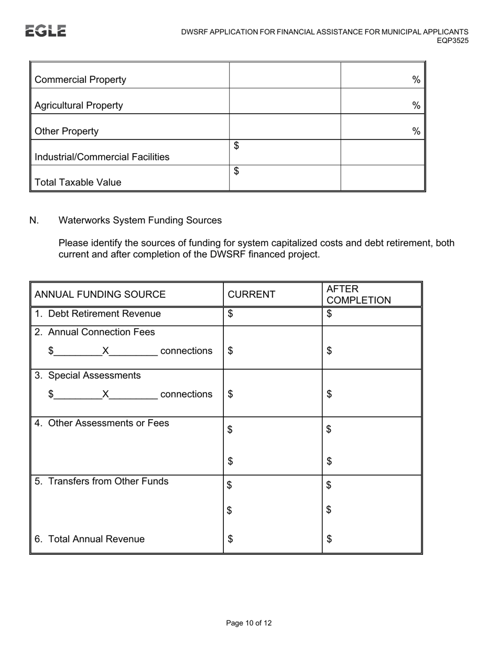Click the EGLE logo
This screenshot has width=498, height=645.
pos(46,31)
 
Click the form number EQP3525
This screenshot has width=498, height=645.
pos(453,41)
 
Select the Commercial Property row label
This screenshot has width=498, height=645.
pos(80,80)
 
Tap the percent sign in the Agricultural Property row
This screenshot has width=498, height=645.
pos(416,105)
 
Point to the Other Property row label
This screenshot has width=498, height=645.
pos(66,131)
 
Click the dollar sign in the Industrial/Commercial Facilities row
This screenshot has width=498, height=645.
pos(236,146)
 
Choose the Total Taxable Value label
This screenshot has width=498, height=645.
pos(78,182)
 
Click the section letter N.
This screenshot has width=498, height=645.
pos(34,220)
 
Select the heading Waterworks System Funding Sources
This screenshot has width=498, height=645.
pos(140,220)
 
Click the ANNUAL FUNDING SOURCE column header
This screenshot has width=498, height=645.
pos(100,294)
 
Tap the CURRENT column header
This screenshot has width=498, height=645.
pos(251,294)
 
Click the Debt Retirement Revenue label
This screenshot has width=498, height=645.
pos(104,314)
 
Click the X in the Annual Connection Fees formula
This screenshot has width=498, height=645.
pos(105,351)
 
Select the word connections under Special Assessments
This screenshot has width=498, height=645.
pos(186,394)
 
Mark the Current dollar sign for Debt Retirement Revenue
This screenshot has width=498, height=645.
pos(231,314)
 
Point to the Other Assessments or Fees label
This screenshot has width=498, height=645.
pos(108,423)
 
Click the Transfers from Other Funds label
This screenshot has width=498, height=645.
pos(108,481)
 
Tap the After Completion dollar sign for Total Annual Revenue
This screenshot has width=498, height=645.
pos(329,539)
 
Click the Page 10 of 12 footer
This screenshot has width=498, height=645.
pos(249,623)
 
